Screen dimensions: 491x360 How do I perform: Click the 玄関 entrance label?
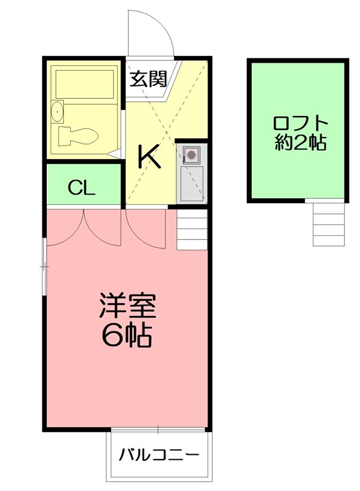[149, 79]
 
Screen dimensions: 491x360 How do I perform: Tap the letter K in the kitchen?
[149, 158]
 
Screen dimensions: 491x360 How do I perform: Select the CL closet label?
[82, 188]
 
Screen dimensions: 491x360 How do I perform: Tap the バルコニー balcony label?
[159, 455]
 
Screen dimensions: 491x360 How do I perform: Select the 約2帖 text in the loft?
[300, 144]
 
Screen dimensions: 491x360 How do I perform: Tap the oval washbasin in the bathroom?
[57, 112]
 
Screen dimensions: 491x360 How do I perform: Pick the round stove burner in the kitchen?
[191, 154]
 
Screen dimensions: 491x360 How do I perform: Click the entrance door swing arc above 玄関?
[150, 34]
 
